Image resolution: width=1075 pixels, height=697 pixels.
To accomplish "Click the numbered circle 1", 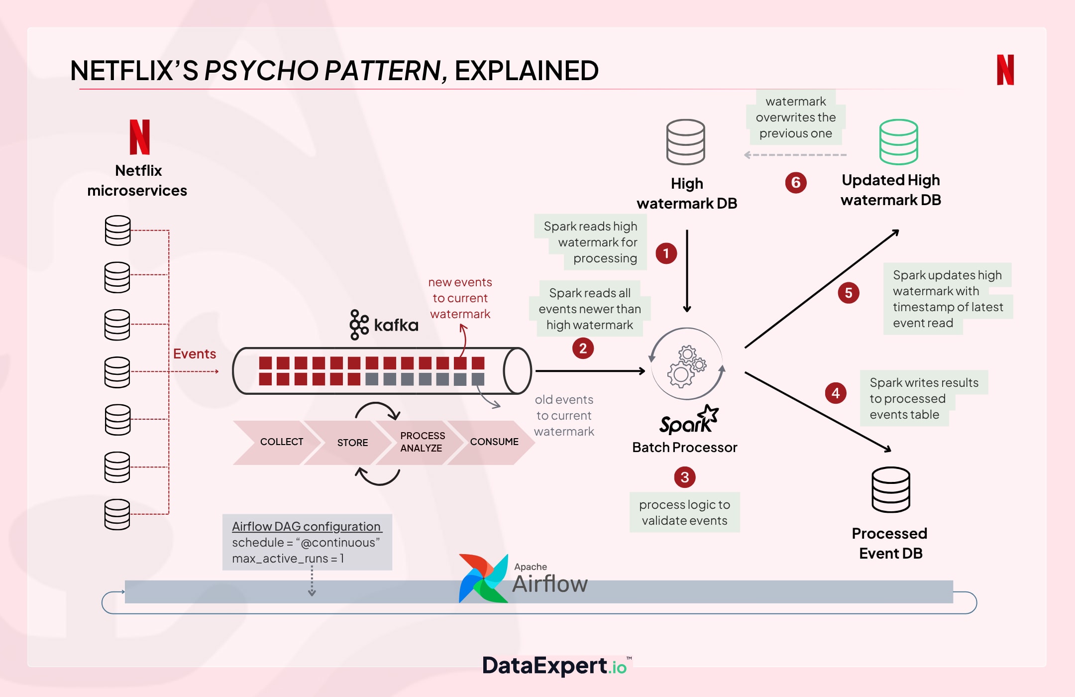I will tap(666, 253).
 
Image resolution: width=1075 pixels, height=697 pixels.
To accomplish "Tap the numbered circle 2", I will tap(583, 348).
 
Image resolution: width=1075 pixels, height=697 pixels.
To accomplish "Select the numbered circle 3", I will tap(685, 477).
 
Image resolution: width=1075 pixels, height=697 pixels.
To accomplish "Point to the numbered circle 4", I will tap(836, 393).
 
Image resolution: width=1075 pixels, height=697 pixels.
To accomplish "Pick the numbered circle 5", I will tap(849, 293).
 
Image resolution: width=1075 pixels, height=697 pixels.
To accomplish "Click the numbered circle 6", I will tap(796, 183).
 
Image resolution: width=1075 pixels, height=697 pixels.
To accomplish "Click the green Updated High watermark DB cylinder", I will tap(898, 142).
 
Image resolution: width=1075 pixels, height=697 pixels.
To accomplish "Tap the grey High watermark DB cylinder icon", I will tap(686, 142).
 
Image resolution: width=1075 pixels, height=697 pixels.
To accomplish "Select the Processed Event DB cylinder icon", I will tap(891, 490).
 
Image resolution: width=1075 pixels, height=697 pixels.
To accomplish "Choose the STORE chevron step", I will tap(352, 443).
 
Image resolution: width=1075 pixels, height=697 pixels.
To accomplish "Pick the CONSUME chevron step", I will tap(494, 442).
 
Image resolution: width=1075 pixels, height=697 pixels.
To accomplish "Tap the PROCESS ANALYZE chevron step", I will tap(422, 442).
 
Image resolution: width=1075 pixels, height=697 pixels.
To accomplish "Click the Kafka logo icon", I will tap(359, 325).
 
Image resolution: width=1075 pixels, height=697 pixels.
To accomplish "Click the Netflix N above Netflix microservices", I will tap(139, 137).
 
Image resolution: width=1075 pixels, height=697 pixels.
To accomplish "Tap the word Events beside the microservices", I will tap(195, 354).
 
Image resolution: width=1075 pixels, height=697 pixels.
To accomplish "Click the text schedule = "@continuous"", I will tap(306, 543).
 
